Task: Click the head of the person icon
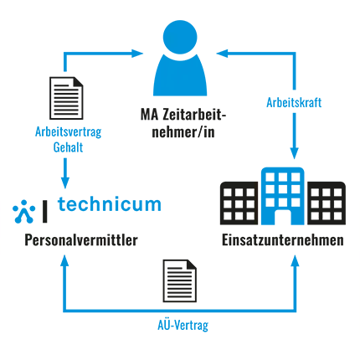[180, 37]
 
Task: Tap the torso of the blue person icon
[180, 77]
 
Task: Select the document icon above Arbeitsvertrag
[66, 98]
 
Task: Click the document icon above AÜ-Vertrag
[180, 280]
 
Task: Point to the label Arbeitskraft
[294, 102]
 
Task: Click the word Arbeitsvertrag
[69, 132]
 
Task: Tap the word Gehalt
[68, 147]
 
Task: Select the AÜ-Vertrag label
[183, 325]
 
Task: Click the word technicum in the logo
[110, 204]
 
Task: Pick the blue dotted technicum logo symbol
[24, 212]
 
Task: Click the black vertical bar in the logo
[44, 212]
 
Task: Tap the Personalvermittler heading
[81, 240]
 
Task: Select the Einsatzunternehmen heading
[283, 240]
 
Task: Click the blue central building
[283, 196]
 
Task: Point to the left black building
[239, 203]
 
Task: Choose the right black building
[327, 203]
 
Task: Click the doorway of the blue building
[283, 217]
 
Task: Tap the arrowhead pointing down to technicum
[65, 183]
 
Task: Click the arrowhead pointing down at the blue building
[294, 153]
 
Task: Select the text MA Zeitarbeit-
[183, 115]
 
